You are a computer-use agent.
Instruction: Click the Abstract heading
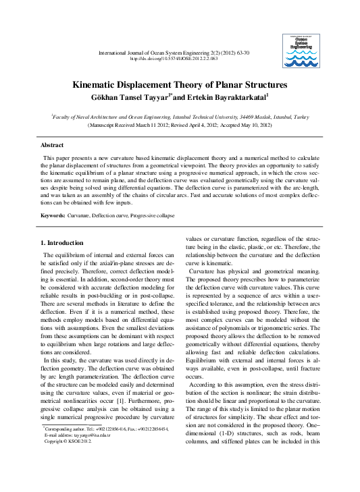(x=52, y=145)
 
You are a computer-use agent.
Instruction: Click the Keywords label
(x=53, y=215)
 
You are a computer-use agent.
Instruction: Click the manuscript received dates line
(x=180, y=125)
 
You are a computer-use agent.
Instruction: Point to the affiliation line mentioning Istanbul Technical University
(x=180, y=117)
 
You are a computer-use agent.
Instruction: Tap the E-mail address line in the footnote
(x=78, y=454)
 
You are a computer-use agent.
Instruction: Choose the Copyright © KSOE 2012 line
(x=69, y=460)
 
